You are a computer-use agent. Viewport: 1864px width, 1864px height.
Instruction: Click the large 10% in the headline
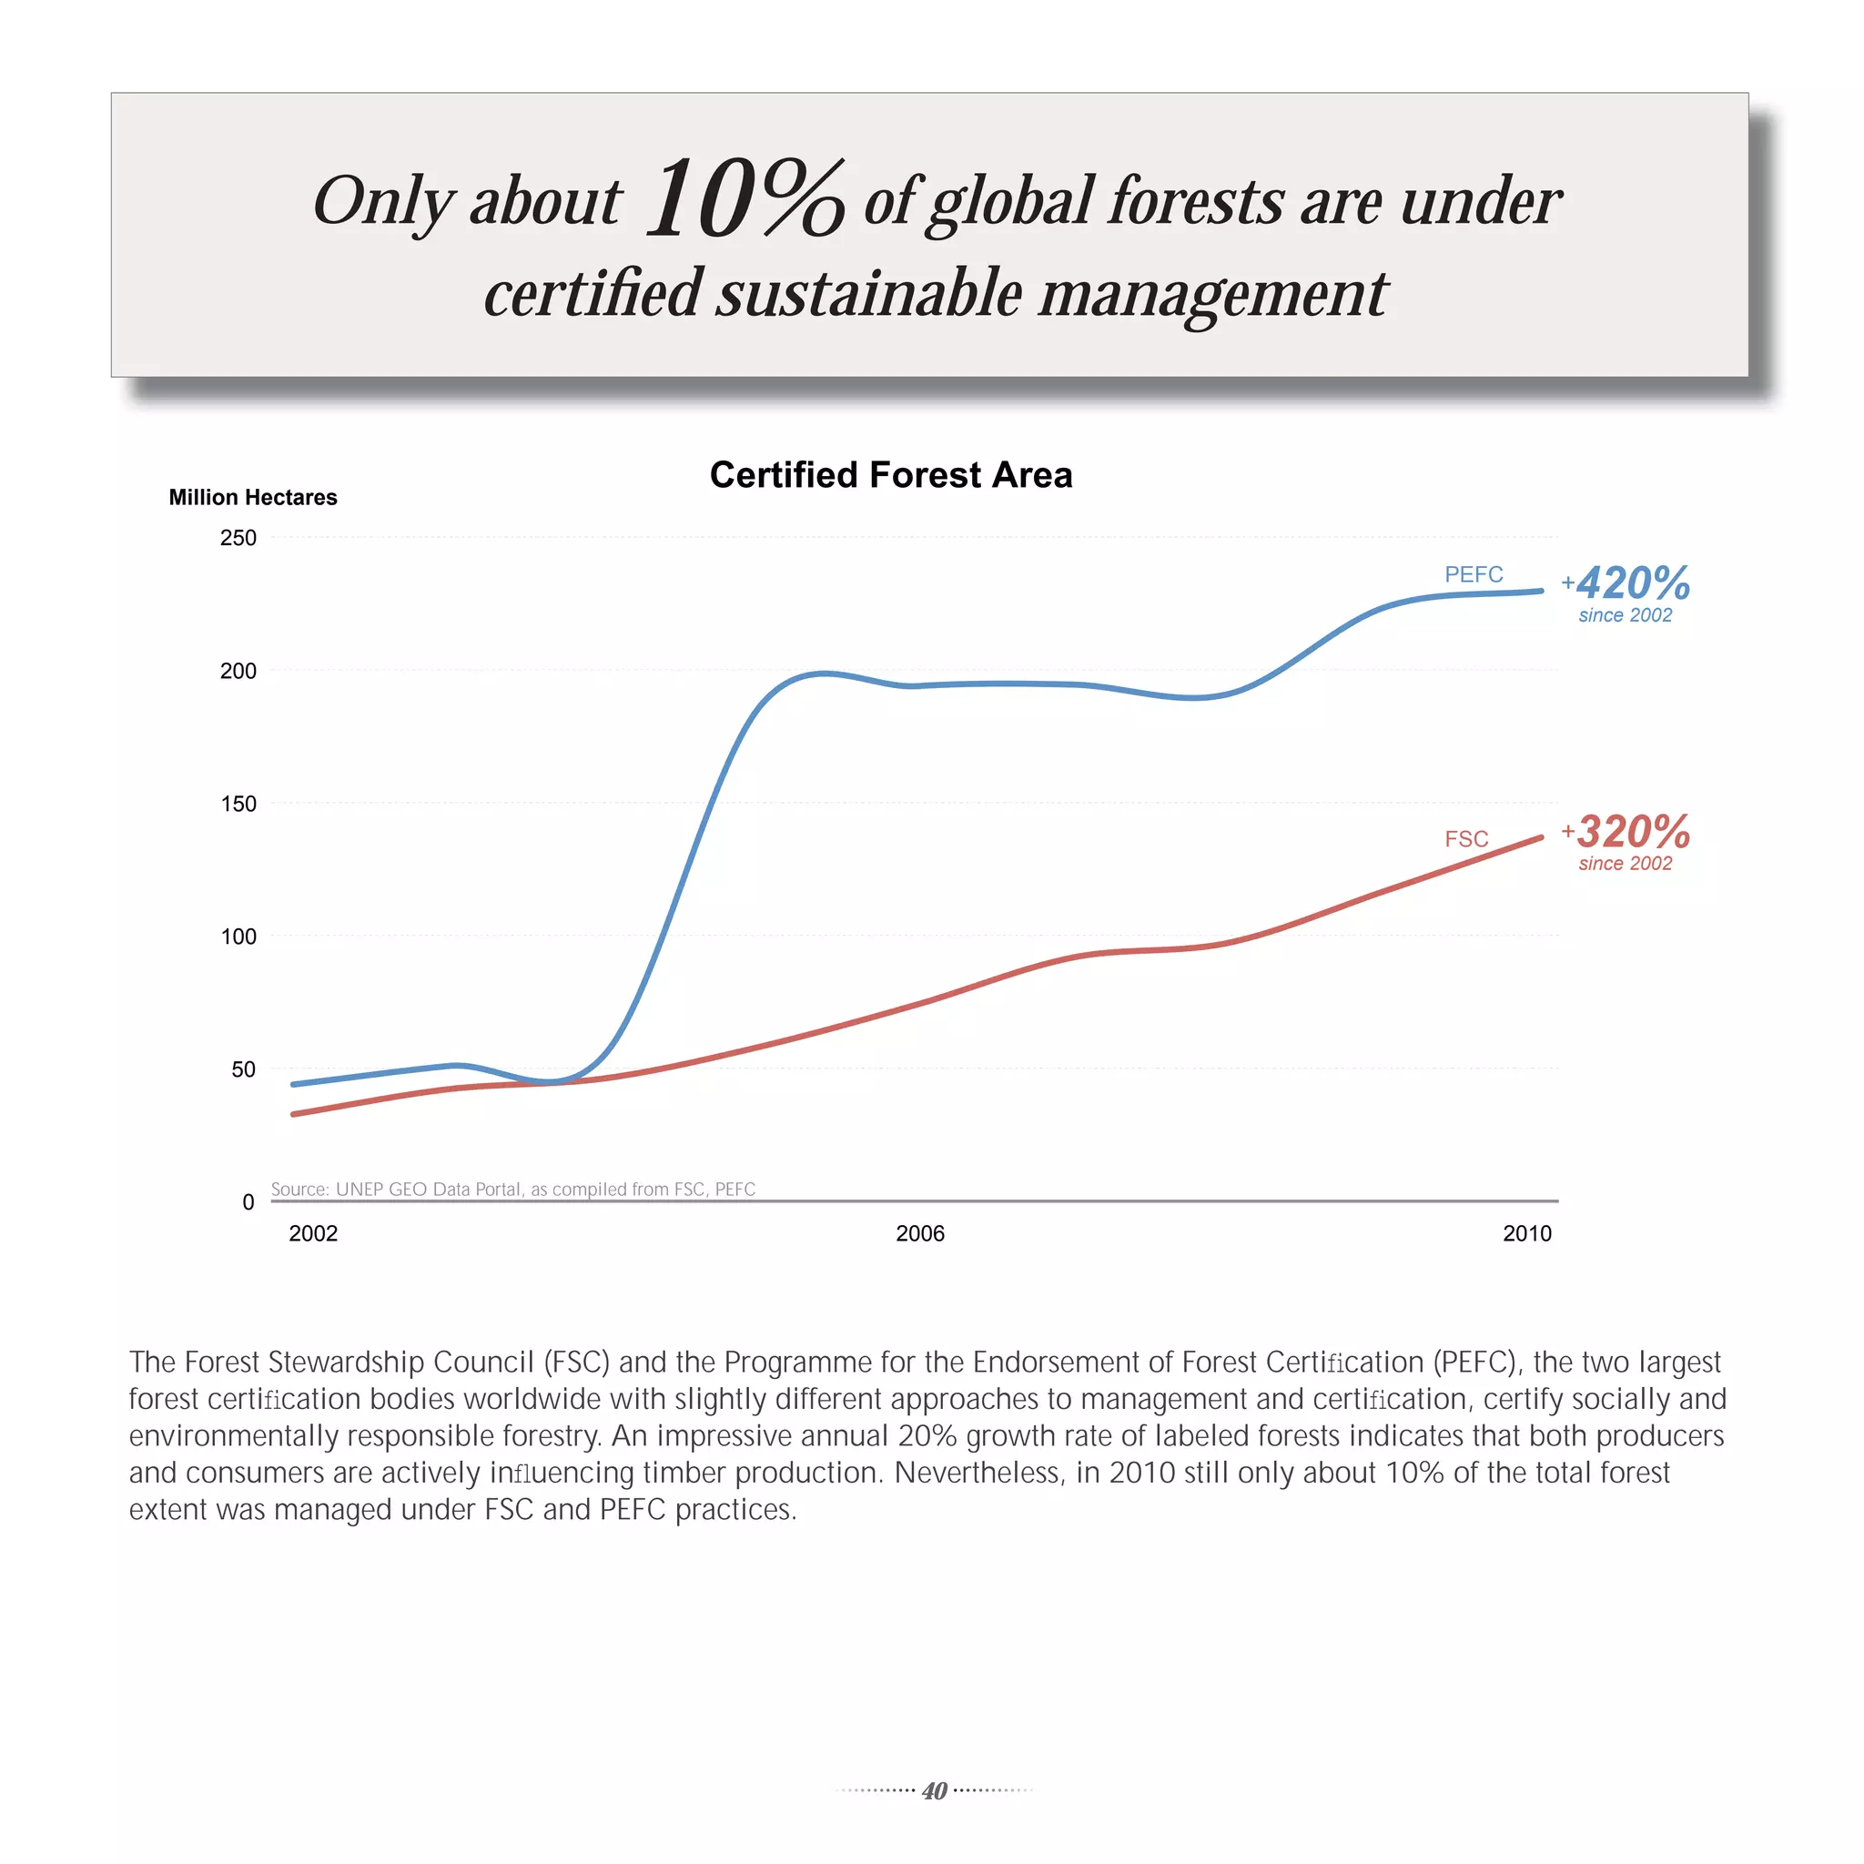[x=745, y=198]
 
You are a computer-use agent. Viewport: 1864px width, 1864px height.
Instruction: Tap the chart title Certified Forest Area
[x=890, y=475]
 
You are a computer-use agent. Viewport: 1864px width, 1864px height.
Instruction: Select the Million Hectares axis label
[x=253, y=497]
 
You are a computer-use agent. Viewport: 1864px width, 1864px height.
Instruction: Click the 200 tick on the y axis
[x=238, y=671]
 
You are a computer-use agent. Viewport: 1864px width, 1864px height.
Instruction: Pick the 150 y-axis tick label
[x=238, y=804]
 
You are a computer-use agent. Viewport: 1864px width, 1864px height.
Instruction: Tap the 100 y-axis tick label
[x=238, y=936]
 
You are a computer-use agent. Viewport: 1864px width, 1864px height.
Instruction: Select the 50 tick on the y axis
[x=243, y=1069]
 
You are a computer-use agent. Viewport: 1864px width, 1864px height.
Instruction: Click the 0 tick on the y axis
[x=248, y=1202]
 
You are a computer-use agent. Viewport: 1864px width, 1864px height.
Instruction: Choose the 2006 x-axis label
[x=919, y=1233]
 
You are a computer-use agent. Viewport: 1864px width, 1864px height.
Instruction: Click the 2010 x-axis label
[x=1526, y=1233]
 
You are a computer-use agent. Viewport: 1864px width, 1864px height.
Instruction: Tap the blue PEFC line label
[x=1474, y=574]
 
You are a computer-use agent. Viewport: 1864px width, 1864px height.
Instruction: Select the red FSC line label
[x=1465, y=838]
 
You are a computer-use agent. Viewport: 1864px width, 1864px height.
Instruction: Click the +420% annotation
[x=1626, y=583]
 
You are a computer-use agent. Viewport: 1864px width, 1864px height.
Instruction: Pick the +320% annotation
[x=1626, y=832]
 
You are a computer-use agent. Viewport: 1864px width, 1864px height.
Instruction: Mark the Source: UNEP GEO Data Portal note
[x=512, y=1189]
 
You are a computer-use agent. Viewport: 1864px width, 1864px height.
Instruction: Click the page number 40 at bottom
[x=934, y=1790]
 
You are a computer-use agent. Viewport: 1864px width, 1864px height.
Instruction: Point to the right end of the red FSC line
[x=1540, y=837]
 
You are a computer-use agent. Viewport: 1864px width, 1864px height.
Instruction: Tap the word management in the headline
[x=1211, y=293]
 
